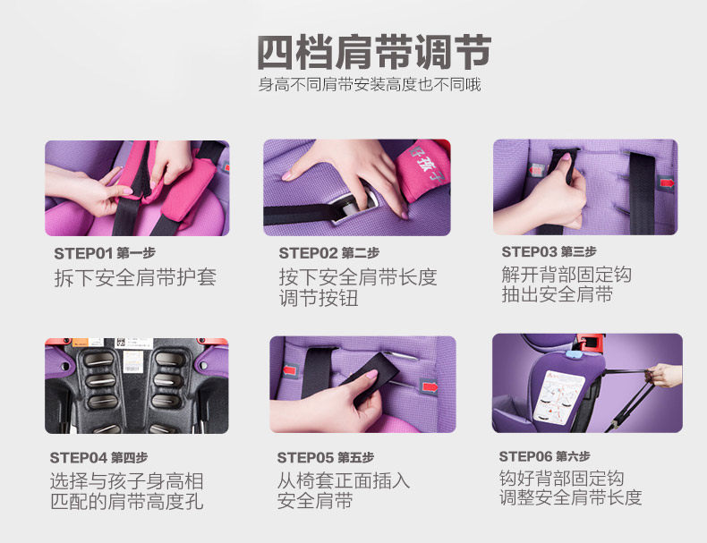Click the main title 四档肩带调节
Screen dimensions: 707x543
(374, 52)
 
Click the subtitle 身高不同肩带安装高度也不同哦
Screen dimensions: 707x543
(370, 84)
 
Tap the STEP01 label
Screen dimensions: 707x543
(83, 253)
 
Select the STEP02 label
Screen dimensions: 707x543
(308, 253)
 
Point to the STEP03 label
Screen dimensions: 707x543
(529, 252)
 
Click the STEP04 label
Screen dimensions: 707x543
(79, 458)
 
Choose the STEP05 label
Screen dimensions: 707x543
(306, 458)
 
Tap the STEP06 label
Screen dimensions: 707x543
(525, 456)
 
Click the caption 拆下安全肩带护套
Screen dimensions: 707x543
(135, 277)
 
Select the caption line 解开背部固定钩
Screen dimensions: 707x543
(566, 275)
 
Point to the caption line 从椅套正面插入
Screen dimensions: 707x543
(343, 480)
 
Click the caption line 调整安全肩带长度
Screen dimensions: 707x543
(570, 497)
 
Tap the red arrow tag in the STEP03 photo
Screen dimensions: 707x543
(667, 183)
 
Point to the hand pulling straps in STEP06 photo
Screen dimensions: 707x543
(664, 375)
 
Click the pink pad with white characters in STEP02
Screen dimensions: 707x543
(423, 169)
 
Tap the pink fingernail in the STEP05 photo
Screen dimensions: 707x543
(371, 375)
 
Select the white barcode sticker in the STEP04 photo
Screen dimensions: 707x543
(133, 361)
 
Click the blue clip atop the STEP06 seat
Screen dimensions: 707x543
(572, 354)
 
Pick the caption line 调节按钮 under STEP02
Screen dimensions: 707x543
(319, 298)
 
